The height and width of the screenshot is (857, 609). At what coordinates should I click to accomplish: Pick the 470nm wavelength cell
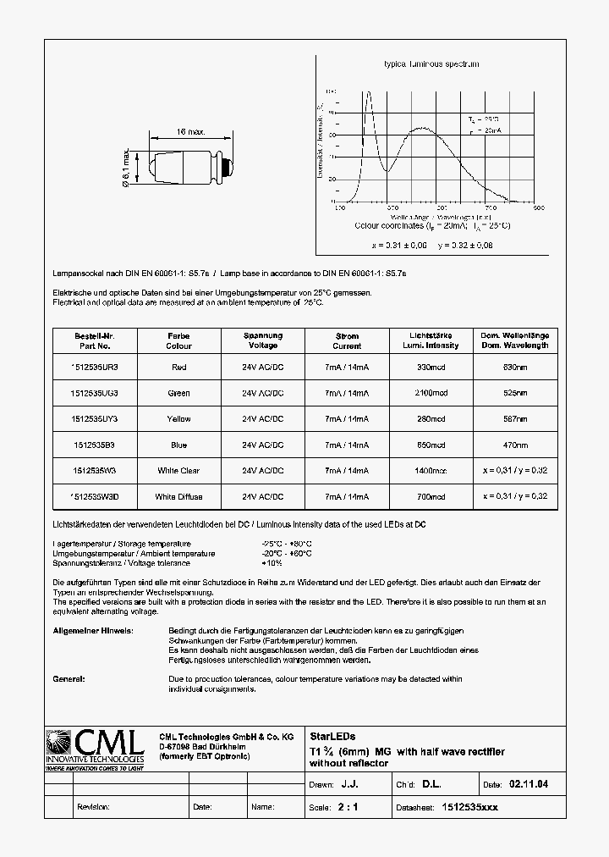(515, 445)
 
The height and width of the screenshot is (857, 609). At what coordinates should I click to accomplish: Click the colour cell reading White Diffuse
(178, 497)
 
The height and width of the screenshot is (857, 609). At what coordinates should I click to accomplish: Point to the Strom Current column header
(347, 340)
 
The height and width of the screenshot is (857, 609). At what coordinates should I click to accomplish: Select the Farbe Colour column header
(178, 340)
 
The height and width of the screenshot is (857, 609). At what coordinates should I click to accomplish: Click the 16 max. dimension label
(191, 132)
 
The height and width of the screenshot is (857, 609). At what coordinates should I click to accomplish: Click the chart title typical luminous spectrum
(431, 64)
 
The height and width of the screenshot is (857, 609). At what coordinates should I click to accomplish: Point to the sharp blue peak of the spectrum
(368, 95)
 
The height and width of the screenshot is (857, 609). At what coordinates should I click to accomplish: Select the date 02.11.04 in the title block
(529, 785)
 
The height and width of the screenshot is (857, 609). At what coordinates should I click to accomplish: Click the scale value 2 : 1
(348, 807)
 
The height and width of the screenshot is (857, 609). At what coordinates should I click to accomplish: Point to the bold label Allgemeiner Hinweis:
(92, 631)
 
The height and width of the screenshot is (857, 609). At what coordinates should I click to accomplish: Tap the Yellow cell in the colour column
(178, 419)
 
